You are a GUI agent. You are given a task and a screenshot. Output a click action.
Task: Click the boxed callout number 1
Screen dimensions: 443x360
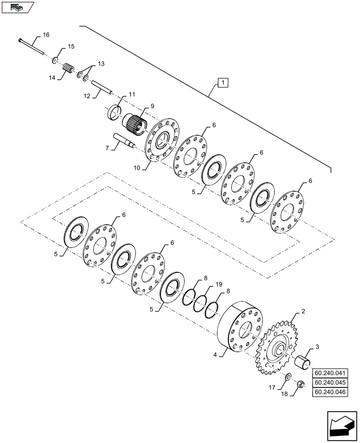click(x=223, y=82)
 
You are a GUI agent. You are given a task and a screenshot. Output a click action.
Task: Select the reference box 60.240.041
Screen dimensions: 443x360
click(x=331, y=373)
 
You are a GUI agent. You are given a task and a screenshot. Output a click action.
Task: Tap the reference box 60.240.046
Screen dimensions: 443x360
click(x=331, y=392)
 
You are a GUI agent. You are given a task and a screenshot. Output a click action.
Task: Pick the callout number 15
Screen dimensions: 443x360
click(x=71, y=47)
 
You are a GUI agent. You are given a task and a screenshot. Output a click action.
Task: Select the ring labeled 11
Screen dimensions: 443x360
click(x=115, y=111)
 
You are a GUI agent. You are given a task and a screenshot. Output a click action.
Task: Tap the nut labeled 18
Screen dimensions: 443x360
click(x=299, y=384)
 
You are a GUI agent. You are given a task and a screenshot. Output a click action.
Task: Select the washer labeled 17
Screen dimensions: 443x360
click(x=288, y=377)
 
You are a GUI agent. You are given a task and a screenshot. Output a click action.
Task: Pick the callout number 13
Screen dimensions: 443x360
click(x=101, y=64)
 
